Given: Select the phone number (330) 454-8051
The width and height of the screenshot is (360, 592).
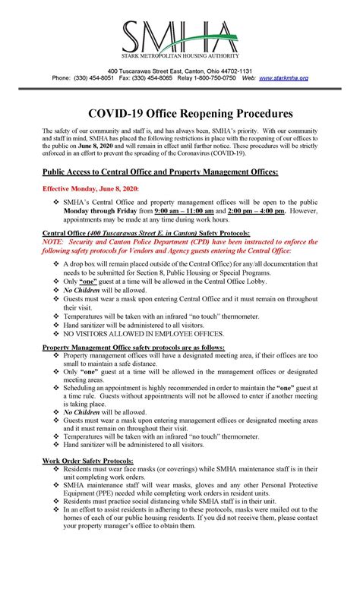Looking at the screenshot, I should pyautogui.click(x=96, y=77).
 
